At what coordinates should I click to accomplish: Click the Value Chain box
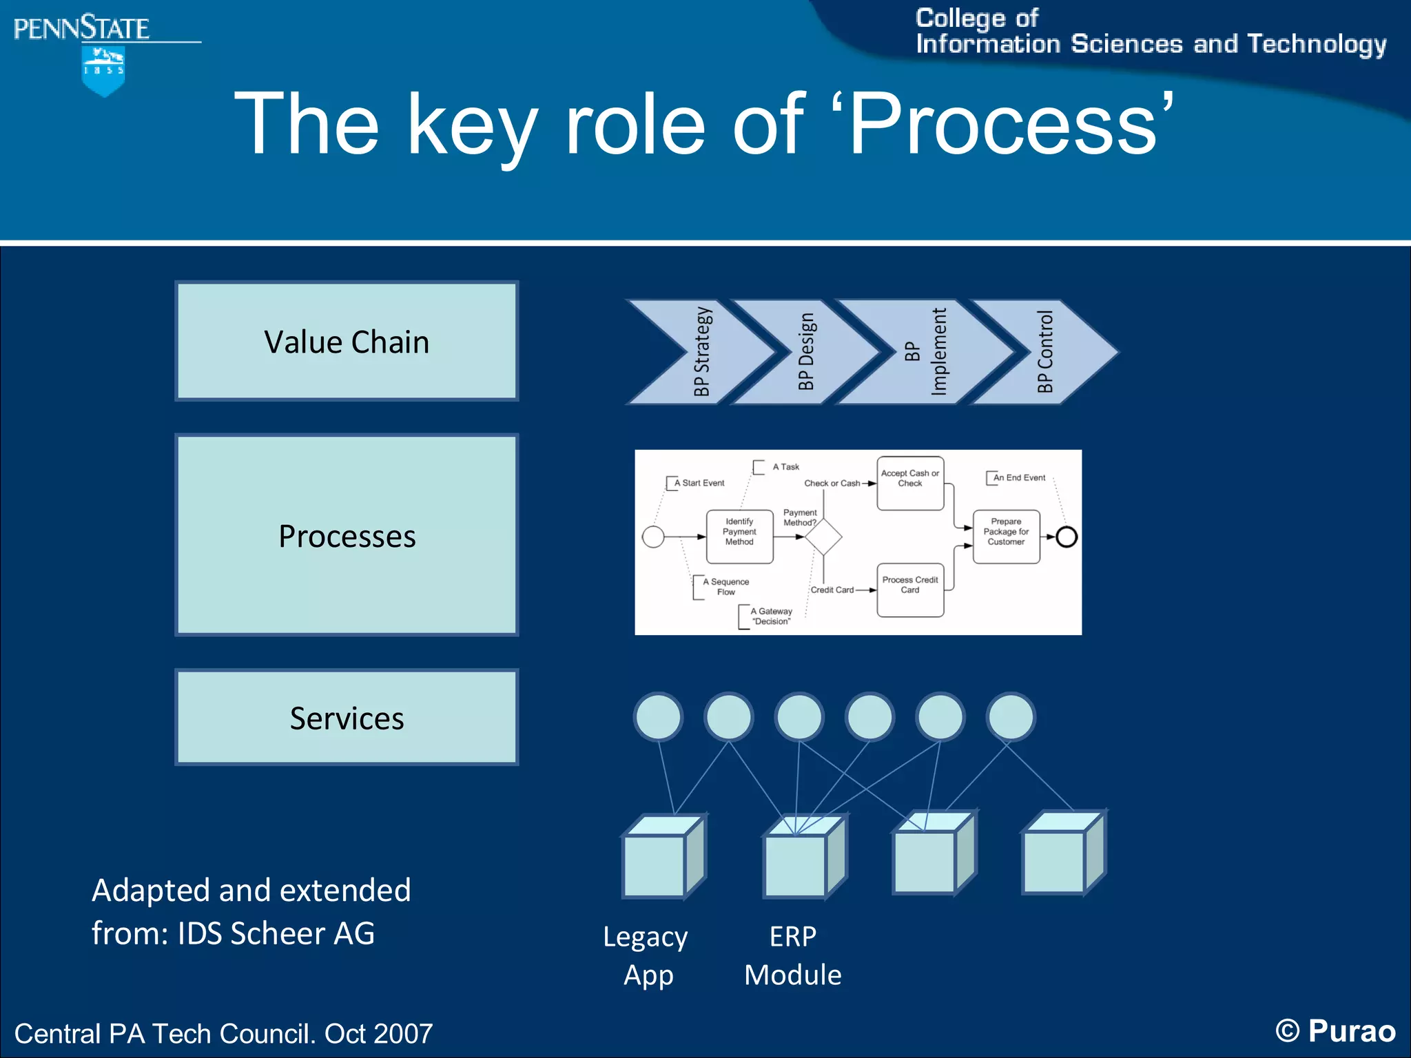(x=347, y=341)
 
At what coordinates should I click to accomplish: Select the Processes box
(x=347, y=535)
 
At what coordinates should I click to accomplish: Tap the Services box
(x=347, y=717)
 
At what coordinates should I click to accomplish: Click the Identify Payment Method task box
(x=739, y=536)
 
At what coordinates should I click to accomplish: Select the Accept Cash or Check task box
(x=910, y=483)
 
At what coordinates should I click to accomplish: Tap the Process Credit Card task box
(x=910, y=590)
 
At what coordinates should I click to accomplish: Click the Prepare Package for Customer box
(x=1006, y=536)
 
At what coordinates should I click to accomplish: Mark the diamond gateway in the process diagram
(x=823, y=537)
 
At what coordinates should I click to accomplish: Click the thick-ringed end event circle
(x=1067, y=537)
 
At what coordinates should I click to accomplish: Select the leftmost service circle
(x=659, y=716)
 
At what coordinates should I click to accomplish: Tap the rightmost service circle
(x=1011, y=716)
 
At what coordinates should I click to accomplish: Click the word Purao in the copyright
(x=1352, y=1031)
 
